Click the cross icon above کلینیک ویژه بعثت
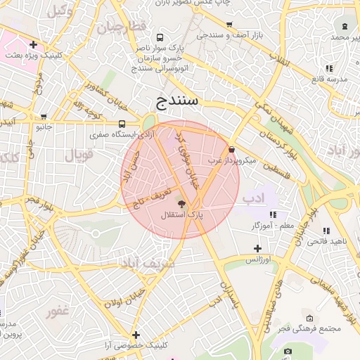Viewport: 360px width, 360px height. point(33,44)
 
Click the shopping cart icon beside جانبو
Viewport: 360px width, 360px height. point(44,117)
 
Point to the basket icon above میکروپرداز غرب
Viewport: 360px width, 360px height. point(232,148)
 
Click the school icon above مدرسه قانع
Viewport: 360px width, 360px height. point(328,68)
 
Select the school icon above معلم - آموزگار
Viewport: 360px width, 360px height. point(273,214)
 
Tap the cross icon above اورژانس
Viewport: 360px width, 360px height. point(258,248)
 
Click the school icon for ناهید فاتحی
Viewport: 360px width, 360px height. point(325,231)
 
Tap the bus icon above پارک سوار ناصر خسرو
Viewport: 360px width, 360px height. point(160,37)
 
